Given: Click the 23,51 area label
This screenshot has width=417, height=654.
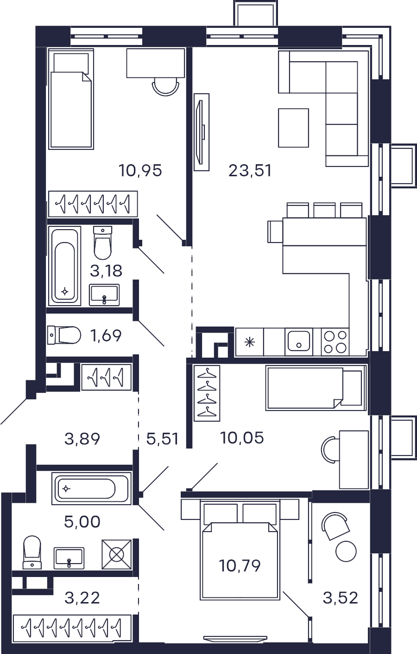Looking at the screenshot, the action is (250, 171).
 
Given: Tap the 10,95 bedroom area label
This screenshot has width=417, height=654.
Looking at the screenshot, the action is (140, 171).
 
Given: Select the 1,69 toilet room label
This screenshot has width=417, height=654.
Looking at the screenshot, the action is (106, 335).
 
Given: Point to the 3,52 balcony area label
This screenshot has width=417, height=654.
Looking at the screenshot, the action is (340, 598).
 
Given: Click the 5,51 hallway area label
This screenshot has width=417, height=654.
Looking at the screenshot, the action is (163, 439).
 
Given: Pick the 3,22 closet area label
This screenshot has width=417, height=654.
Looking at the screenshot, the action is (82, 598).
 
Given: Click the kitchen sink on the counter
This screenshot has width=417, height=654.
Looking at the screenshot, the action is (298, 341).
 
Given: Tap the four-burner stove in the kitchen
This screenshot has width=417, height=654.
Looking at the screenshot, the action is (335, 341).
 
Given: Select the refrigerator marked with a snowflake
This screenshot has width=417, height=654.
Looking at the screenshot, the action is (250, 341).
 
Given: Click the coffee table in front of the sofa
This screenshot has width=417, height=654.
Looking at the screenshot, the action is (293, 128).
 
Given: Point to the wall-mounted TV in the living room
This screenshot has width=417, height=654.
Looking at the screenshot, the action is (202, 132).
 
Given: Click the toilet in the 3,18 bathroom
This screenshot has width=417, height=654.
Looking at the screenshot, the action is (103, 243).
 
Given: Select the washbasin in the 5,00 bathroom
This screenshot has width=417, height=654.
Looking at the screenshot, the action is (69, 558).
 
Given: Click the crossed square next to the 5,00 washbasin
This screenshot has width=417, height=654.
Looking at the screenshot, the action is (116, 554).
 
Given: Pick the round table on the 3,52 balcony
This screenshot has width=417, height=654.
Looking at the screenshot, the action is (346, 551).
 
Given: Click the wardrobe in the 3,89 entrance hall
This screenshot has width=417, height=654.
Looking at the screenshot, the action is (107, 377).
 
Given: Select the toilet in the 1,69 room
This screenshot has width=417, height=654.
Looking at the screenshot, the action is (64, 335).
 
